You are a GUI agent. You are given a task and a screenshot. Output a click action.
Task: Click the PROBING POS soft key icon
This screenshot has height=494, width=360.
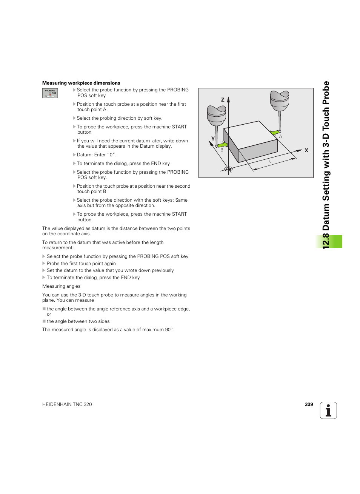(x=50, y=93)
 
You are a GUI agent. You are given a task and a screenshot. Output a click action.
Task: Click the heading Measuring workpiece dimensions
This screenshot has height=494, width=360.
(x=81, y=83)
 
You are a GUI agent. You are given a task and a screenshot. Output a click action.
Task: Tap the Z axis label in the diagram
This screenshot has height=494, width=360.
(x=223, y=100)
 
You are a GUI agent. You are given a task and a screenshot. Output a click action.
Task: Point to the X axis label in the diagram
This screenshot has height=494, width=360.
(x=306, y=150)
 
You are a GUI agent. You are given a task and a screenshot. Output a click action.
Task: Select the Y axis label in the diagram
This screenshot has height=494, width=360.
(x=213, y=139)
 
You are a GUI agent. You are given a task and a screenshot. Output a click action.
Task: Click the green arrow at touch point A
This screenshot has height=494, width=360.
(x=275, y=133)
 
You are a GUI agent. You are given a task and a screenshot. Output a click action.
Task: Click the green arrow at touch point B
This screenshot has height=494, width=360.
(x=223, y=145)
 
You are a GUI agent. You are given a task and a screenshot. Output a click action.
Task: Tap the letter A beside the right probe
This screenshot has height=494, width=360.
(x=281, y=137)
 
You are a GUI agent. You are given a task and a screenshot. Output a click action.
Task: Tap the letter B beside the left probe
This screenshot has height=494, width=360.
(x=222, y=150)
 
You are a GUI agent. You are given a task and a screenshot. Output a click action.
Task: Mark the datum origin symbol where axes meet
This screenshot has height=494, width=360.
(x=228, y=169)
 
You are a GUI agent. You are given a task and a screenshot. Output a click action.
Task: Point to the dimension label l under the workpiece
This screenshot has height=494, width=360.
(x=270, y=162)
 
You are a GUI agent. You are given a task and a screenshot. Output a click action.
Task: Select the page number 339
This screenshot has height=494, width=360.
(x=309, y=404)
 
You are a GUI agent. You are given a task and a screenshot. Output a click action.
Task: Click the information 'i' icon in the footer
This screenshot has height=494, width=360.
(x=328, y=411)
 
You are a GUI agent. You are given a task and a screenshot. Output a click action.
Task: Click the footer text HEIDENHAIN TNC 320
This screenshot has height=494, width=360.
(x=67, y=404)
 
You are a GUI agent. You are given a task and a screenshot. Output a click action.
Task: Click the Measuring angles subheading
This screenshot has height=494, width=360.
(x=62, y=286)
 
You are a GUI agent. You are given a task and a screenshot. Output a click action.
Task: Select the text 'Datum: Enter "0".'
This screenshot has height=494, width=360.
(x=97, y=155)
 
